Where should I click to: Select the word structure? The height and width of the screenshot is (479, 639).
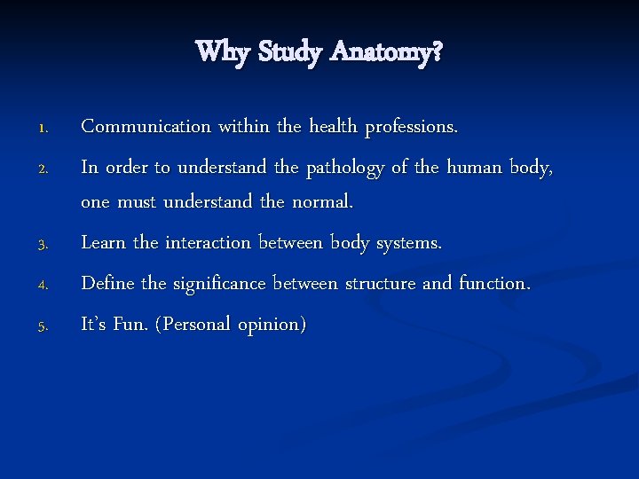(380, 283)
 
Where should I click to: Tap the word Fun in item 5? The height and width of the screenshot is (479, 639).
(131, 324)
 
